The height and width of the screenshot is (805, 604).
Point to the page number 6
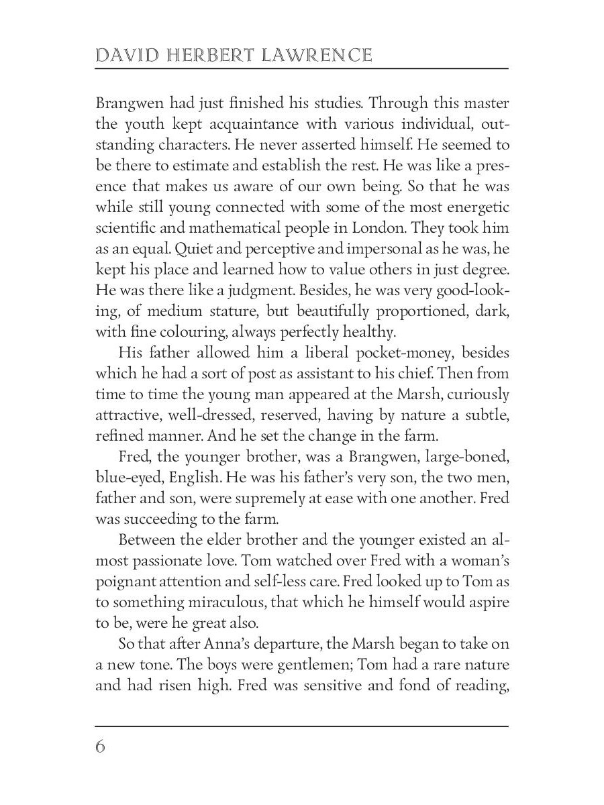coord(101,747)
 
